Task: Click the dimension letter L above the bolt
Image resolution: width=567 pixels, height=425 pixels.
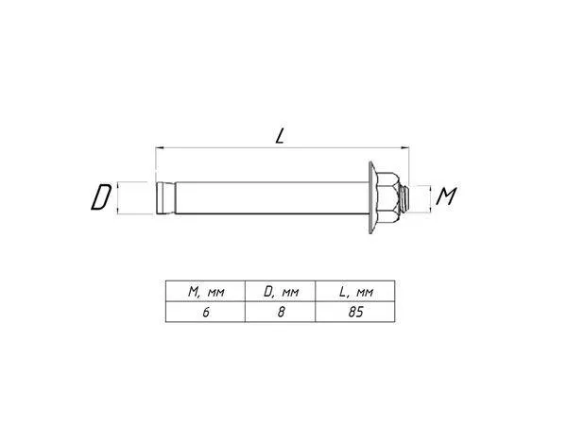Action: click(280, 136)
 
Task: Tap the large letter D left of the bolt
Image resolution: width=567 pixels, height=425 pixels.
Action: click(101, 197)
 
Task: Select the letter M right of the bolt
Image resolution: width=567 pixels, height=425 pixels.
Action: click(446, 196)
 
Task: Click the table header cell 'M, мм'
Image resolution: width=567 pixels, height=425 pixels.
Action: click(206, 291)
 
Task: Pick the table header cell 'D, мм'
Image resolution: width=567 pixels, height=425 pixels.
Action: click(281, 291)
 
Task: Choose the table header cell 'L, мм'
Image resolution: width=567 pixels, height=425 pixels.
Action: click(356, 291)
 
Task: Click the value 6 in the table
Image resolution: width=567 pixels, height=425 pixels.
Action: click(206, 312)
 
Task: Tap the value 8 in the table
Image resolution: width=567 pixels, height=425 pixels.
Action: click(281, 312)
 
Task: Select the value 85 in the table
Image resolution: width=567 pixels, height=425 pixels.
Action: click(355, 312)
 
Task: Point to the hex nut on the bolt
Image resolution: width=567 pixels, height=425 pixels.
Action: click(388, 197)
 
